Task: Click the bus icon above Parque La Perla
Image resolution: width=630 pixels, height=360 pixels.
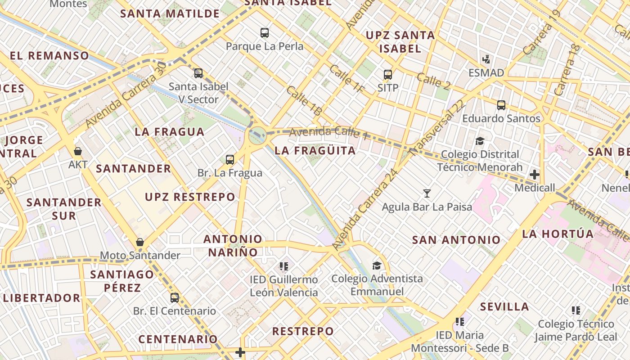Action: tap(265, 33)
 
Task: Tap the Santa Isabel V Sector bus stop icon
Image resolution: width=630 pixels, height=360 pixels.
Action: tap(198, 73)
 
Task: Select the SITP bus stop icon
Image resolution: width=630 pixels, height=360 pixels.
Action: tap(388, 75)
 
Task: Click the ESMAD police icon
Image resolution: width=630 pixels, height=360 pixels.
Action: tap(486, 59)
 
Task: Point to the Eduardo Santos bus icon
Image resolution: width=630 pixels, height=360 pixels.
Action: tap(501, 105)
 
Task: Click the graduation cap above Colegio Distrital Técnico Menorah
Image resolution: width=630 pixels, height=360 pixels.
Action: tap(480, 141)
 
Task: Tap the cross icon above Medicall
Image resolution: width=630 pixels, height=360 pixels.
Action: tap(535, 174)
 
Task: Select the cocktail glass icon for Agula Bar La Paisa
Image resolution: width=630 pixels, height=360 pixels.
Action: tap(427, 193)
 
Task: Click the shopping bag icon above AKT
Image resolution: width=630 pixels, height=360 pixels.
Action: tap(78, 151)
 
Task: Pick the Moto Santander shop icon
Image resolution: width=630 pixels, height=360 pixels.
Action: tap(140, 243)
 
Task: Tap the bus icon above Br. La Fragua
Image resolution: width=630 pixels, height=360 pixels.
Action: tap(230, 159)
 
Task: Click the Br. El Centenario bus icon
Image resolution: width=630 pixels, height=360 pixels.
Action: tap(175, 297)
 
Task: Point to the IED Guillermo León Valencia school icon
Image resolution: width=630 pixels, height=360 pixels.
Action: tap(283, 266)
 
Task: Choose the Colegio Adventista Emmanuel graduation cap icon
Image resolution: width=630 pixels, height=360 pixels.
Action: tap(377, 265)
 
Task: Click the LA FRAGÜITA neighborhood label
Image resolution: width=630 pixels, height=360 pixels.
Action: tap(315, 151)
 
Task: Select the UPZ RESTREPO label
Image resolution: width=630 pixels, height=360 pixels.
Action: tap(190, 197)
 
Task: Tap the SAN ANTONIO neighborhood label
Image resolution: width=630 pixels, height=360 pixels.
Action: tap(456, 240)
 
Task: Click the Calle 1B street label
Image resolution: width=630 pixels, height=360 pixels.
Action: tap(304, 102)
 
